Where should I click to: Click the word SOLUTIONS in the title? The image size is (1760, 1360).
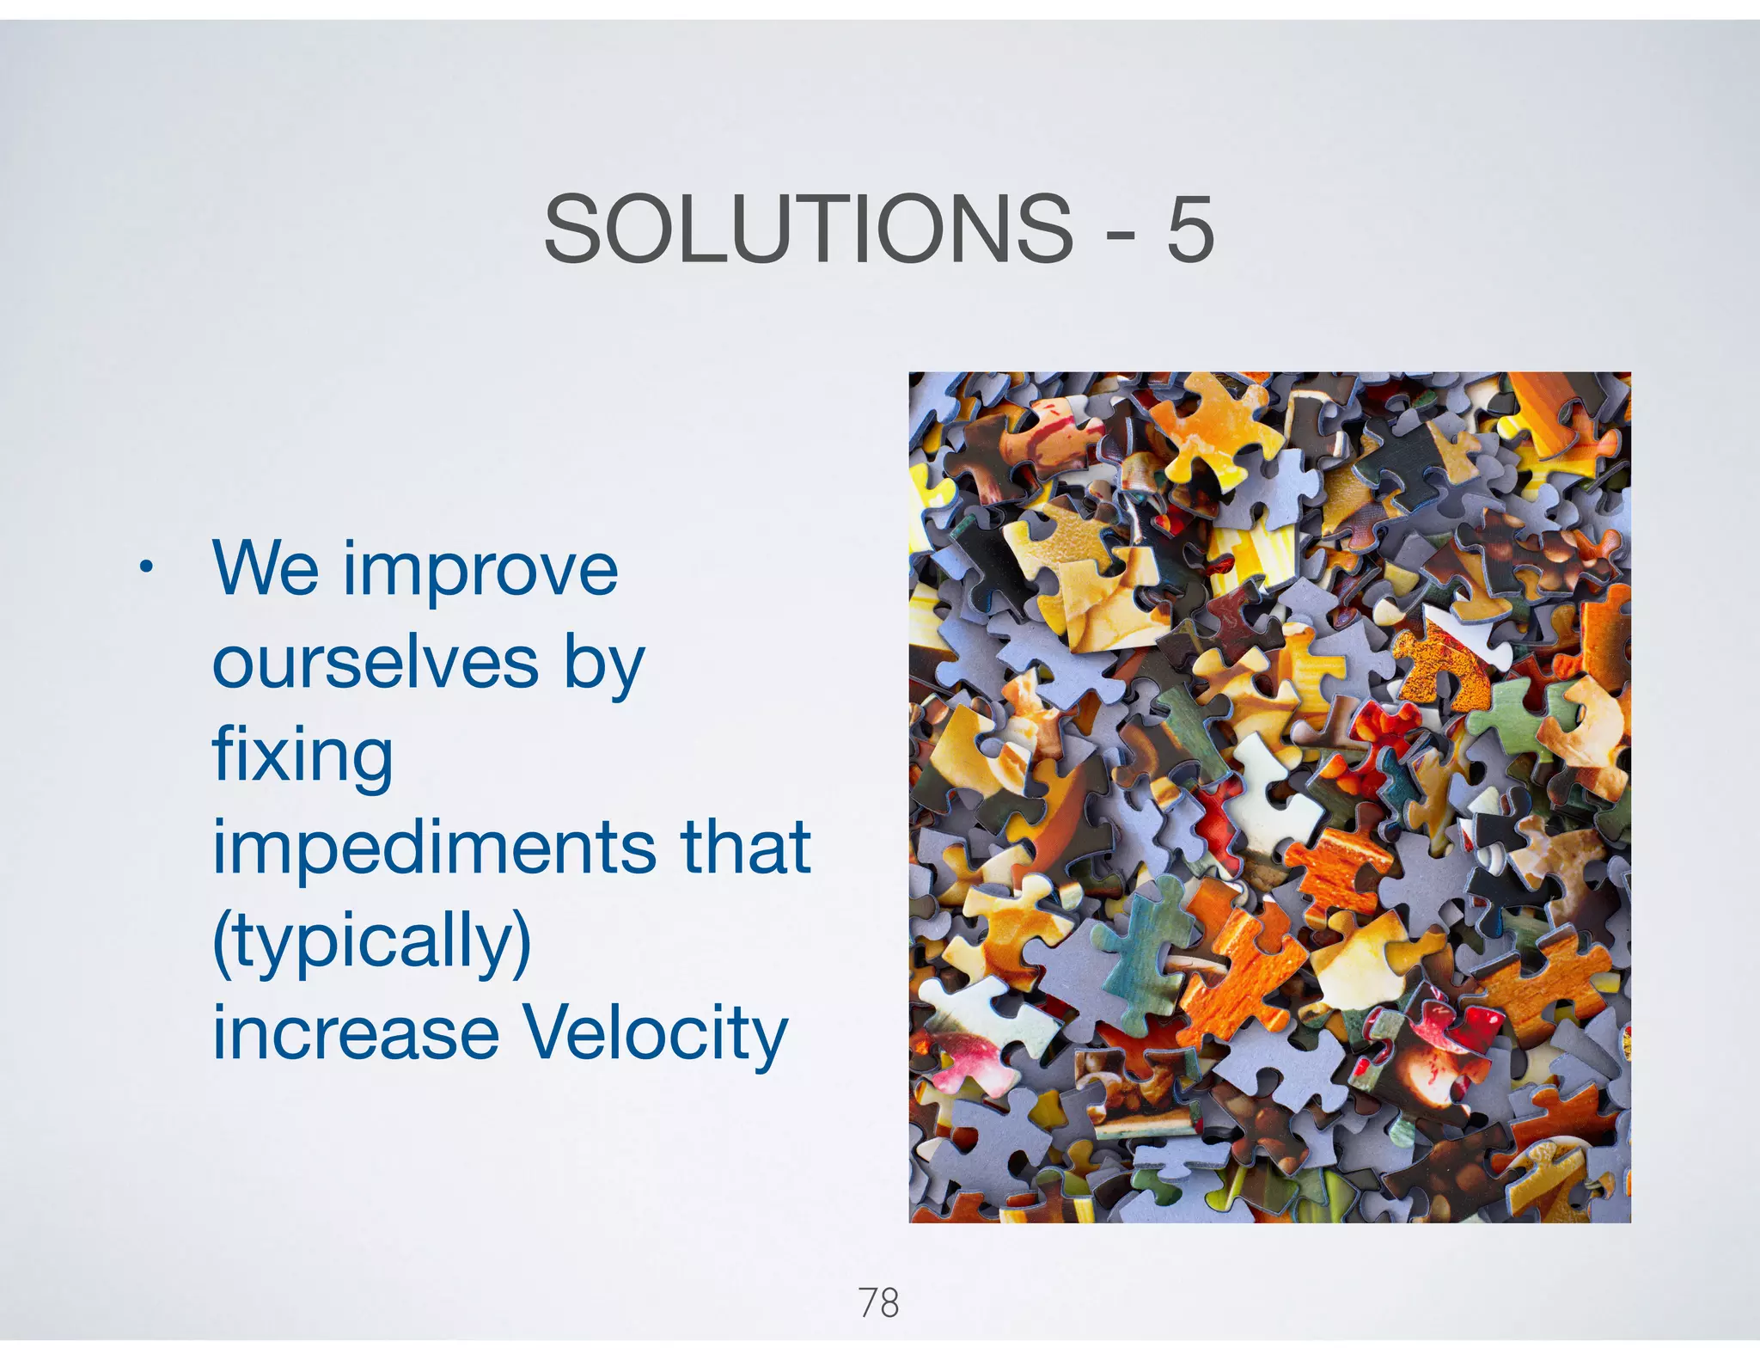pos(808,229)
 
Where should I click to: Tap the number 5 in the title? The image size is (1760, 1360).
pos(1189,229)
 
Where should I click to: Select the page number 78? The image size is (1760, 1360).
pos(878,1303)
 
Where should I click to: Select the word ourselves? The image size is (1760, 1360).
pos(375,663)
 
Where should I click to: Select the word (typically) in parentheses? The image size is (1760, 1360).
pos(371,943)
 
